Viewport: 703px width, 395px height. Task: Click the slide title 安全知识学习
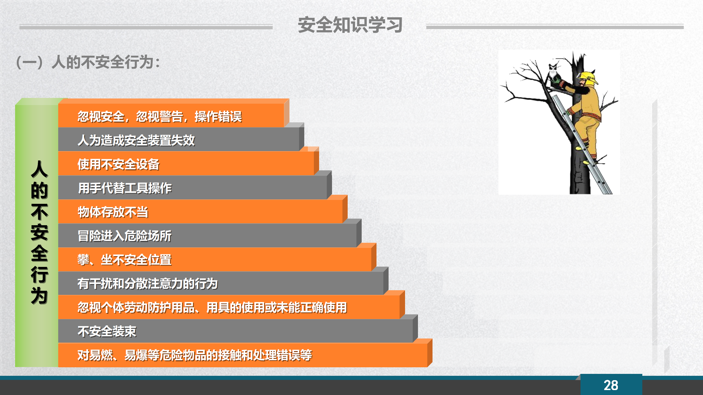[x=350, y=25]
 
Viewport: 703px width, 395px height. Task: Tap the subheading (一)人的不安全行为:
[x=88, y=62]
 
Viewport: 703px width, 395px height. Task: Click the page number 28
[x=611, y=385]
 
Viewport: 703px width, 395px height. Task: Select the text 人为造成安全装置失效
[x=136, y=140]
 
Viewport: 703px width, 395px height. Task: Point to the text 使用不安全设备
[x=119, y=164]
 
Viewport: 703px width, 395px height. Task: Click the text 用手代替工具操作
[x=125, y=188]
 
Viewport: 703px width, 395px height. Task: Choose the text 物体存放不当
[x=113, y=212]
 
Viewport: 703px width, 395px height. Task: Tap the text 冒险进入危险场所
[x=125, y=236]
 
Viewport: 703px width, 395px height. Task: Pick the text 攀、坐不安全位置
[x=125, y=260]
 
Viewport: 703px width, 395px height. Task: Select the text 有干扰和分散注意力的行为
[x=148, y=284]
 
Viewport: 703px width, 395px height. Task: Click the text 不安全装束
[x=107, y=331]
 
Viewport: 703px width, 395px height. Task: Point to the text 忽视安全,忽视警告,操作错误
[x=160, y=117]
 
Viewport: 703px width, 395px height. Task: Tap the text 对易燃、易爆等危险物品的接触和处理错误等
[x=195, y=355]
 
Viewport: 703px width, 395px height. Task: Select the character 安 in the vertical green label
[x=40, y=232]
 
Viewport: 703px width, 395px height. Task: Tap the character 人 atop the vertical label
[x=40, y=169]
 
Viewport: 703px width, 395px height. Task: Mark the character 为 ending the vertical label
[x=40, y=295]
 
